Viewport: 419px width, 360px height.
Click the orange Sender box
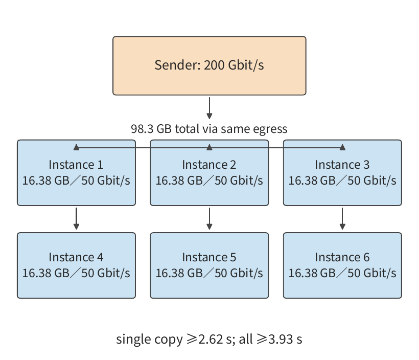209,66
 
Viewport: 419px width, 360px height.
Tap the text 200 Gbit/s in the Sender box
234,65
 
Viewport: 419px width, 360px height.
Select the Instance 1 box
77,173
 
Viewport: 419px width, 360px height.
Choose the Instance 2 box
209,173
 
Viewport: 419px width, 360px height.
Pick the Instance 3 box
342,173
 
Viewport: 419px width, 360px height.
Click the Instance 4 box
77,265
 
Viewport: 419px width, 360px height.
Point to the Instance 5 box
209,265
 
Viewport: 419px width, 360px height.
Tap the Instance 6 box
342,265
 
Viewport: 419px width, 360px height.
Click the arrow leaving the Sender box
209,108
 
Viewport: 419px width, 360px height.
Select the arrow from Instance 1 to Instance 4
77,218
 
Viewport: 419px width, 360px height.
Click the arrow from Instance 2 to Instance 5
209,218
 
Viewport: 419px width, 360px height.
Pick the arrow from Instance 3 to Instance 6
342,218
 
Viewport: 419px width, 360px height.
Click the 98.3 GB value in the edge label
151,129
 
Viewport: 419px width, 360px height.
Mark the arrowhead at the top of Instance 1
77,147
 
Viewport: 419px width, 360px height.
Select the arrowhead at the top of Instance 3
342,147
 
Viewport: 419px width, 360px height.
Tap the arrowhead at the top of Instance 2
209,147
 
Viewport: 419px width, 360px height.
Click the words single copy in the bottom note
149,340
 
